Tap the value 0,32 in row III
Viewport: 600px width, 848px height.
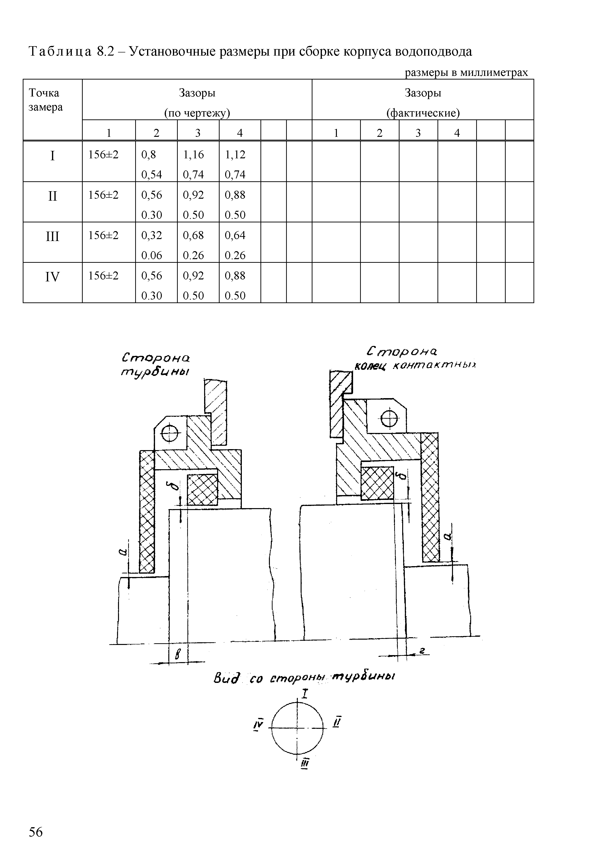click(151, 235)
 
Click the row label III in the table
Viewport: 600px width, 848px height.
click(52, 236)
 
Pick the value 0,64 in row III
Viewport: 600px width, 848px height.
click(235, 235)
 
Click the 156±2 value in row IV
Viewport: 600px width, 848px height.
click(104, 276)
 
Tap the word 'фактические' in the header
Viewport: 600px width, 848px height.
click(423, 113)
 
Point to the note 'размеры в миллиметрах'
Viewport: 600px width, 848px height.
click(467, 73)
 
